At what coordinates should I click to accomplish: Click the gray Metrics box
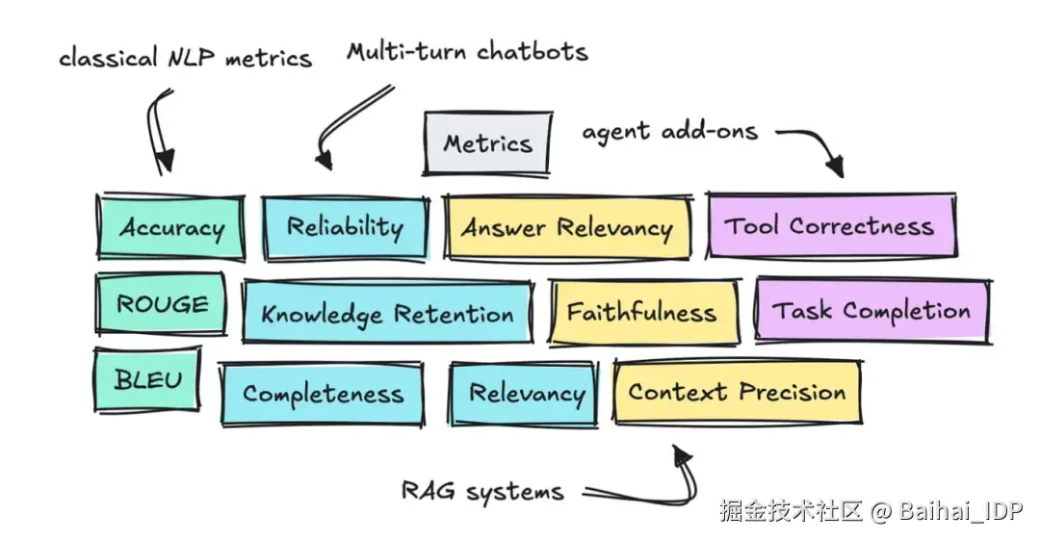pos(488,143)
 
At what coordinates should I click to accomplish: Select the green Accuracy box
pos(170,227)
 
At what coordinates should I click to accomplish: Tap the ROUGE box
pos(162,304)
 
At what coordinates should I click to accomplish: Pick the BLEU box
pos(147,378)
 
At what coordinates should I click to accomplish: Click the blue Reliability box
pos(345,227)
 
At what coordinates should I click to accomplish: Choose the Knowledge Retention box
pos(386,313)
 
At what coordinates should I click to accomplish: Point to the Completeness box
pos(322,393)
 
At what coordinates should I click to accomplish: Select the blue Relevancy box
pos(525,393)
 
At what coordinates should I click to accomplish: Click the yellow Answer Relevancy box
pos(566,227)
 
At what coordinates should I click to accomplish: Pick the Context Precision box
pos(737,392)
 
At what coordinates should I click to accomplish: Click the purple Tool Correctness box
pos(830,225)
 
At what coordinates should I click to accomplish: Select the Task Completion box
pos(871,310)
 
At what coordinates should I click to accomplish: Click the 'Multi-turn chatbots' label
pos(467,50)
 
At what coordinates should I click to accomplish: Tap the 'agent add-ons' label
pos(669,130)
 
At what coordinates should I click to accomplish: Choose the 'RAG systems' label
pos(482,491)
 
